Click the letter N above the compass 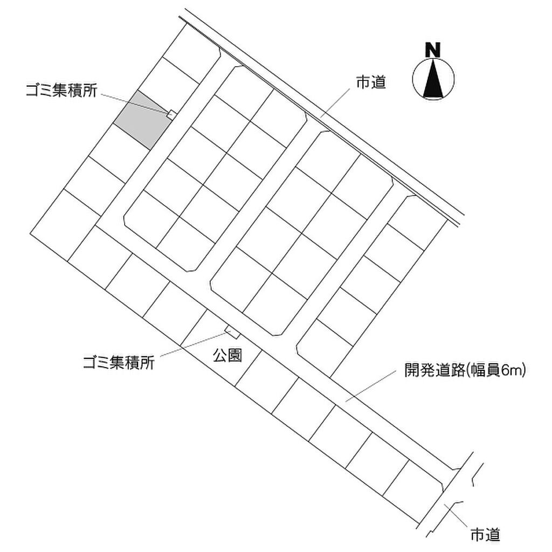coord(433,50)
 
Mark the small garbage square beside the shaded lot coord(171,113)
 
